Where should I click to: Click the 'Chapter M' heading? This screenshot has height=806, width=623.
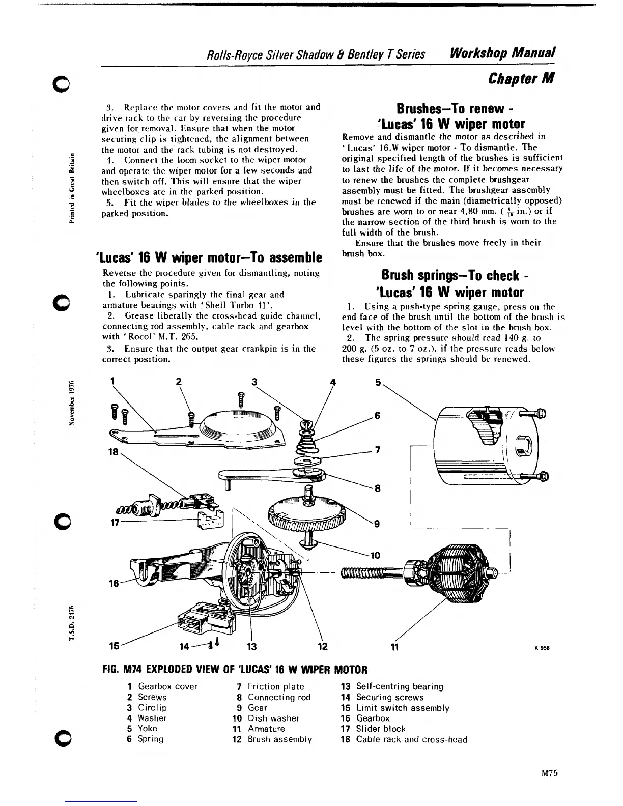(x=521, y=78)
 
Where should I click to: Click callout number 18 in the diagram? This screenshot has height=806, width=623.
(x=118, y=452)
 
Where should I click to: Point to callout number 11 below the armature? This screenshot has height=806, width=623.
(x=393, y=647)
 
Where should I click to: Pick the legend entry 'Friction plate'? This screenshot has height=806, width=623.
(x=275, y=687)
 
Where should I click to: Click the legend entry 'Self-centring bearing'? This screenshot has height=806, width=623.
(x=399, y=687)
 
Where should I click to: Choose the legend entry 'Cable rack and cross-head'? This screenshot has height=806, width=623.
(x=411, y=739)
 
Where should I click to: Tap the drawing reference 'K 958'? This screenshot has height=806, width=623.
(x=542, y=648)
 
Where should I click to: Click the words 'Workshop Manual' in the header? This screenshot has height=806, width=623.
(x=501, y=52)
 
